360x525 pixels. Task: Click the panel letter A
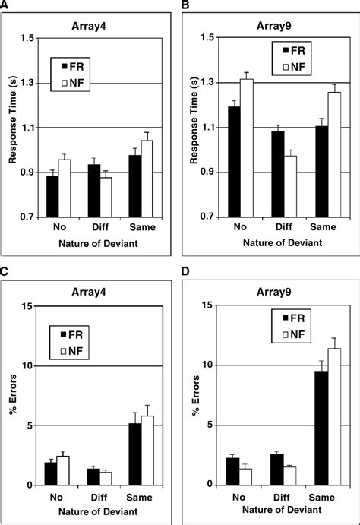click(6, 6)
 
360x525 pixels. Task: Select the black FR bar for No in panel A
click(52, 196)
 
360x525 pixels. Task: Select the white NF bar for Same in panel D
click(333, 416)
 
